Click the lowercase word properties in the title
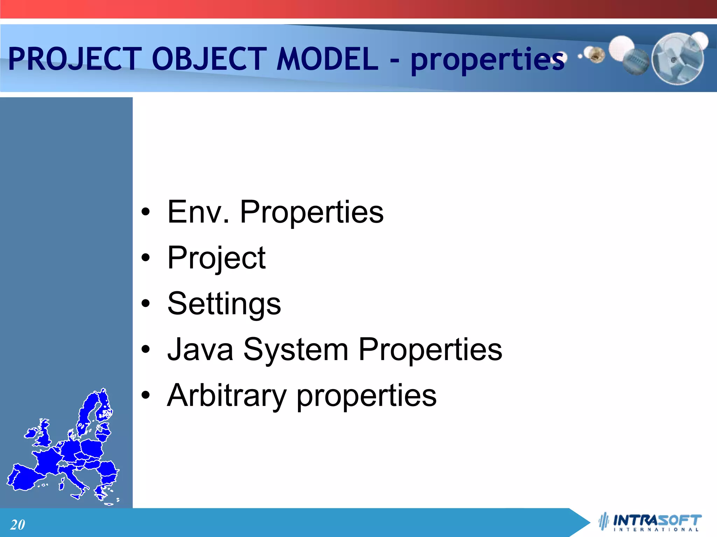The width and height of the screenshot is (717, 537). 487,60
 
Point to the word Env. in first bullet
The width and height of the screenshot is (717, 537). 198,212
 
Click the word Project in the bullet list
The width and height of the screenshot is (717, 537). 216,258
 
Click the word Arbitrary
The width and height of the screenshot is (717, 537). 227,396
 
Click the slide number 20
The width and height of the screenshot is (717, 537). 18,525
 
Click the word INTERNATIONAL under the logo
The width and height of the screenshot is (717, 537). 656,530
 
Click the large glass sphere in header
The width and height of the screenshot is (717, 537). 677,59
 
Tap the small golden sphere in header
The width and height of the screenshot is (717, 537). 596,55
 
